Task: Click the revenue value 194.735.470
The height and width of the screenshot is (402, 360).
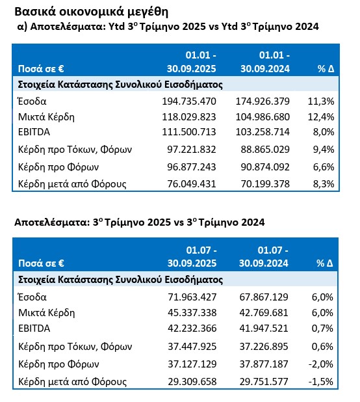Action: pos(188,101)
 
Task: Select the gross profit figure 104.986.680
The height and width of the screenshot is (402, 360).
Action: pos(263,117)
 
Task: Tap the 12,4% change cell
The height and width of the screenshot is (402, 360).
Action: pos(322,117)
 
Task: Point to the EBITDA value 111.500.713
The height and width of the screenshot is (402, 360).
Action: pos(188,133)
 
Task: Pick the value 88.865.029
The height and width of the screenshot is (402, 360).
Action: pos(263,150)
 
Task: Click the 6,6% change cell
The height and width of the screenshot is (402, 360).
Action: pos(323,167)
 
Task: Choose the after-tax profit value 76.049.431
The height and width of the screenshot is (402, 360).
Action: pos(188,183)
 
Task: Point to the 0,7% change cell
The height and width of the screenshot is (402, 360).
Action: pos(323,328)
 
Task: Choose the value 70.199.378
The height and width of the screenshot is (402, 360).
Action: pos(263,183)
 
